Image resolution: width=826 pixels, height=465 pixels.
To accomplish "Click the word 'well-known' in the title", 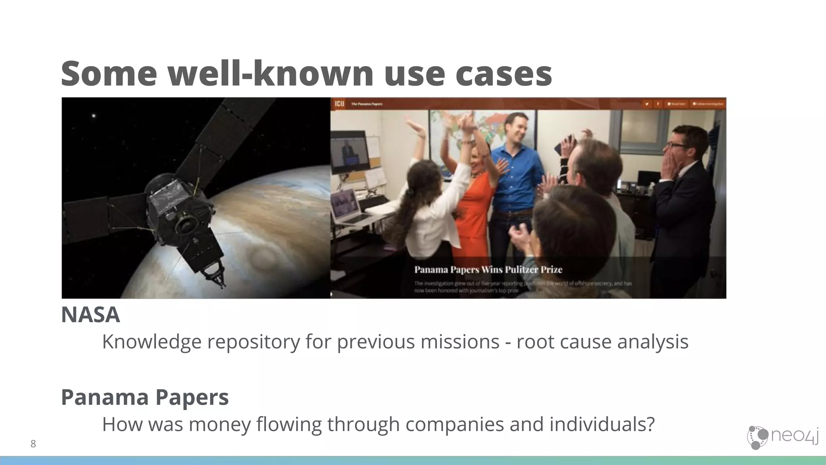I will tap(271, 73).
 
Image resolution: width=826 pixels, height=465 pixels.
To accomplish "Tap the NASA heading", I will tap(90, 315).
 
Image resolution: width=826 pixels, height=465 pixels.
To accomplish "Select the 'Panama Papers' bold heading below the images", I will tap(145, 397).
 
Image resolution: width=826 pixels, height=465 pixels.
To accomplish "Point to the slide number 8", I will tap(33, 444).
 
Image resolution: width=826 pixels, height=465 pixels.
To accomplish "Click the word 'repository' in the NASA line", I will tap(253, 341).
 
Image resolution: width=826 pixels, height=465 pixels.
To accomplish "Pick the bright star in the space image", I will tap(94, 116).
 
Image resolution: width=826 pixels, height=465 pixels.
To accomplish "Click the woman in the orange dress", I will tap(476, 198).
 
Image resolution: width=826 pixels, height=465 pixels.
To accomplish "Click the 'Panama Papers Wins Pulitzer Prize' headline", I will tap(488, 270).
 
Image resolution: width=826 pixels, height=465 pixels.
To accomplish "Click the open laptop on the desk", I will tap(347, 206).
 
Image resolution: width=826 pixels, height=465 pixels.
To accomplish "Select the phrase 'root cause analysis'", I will tap(602, 341).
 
